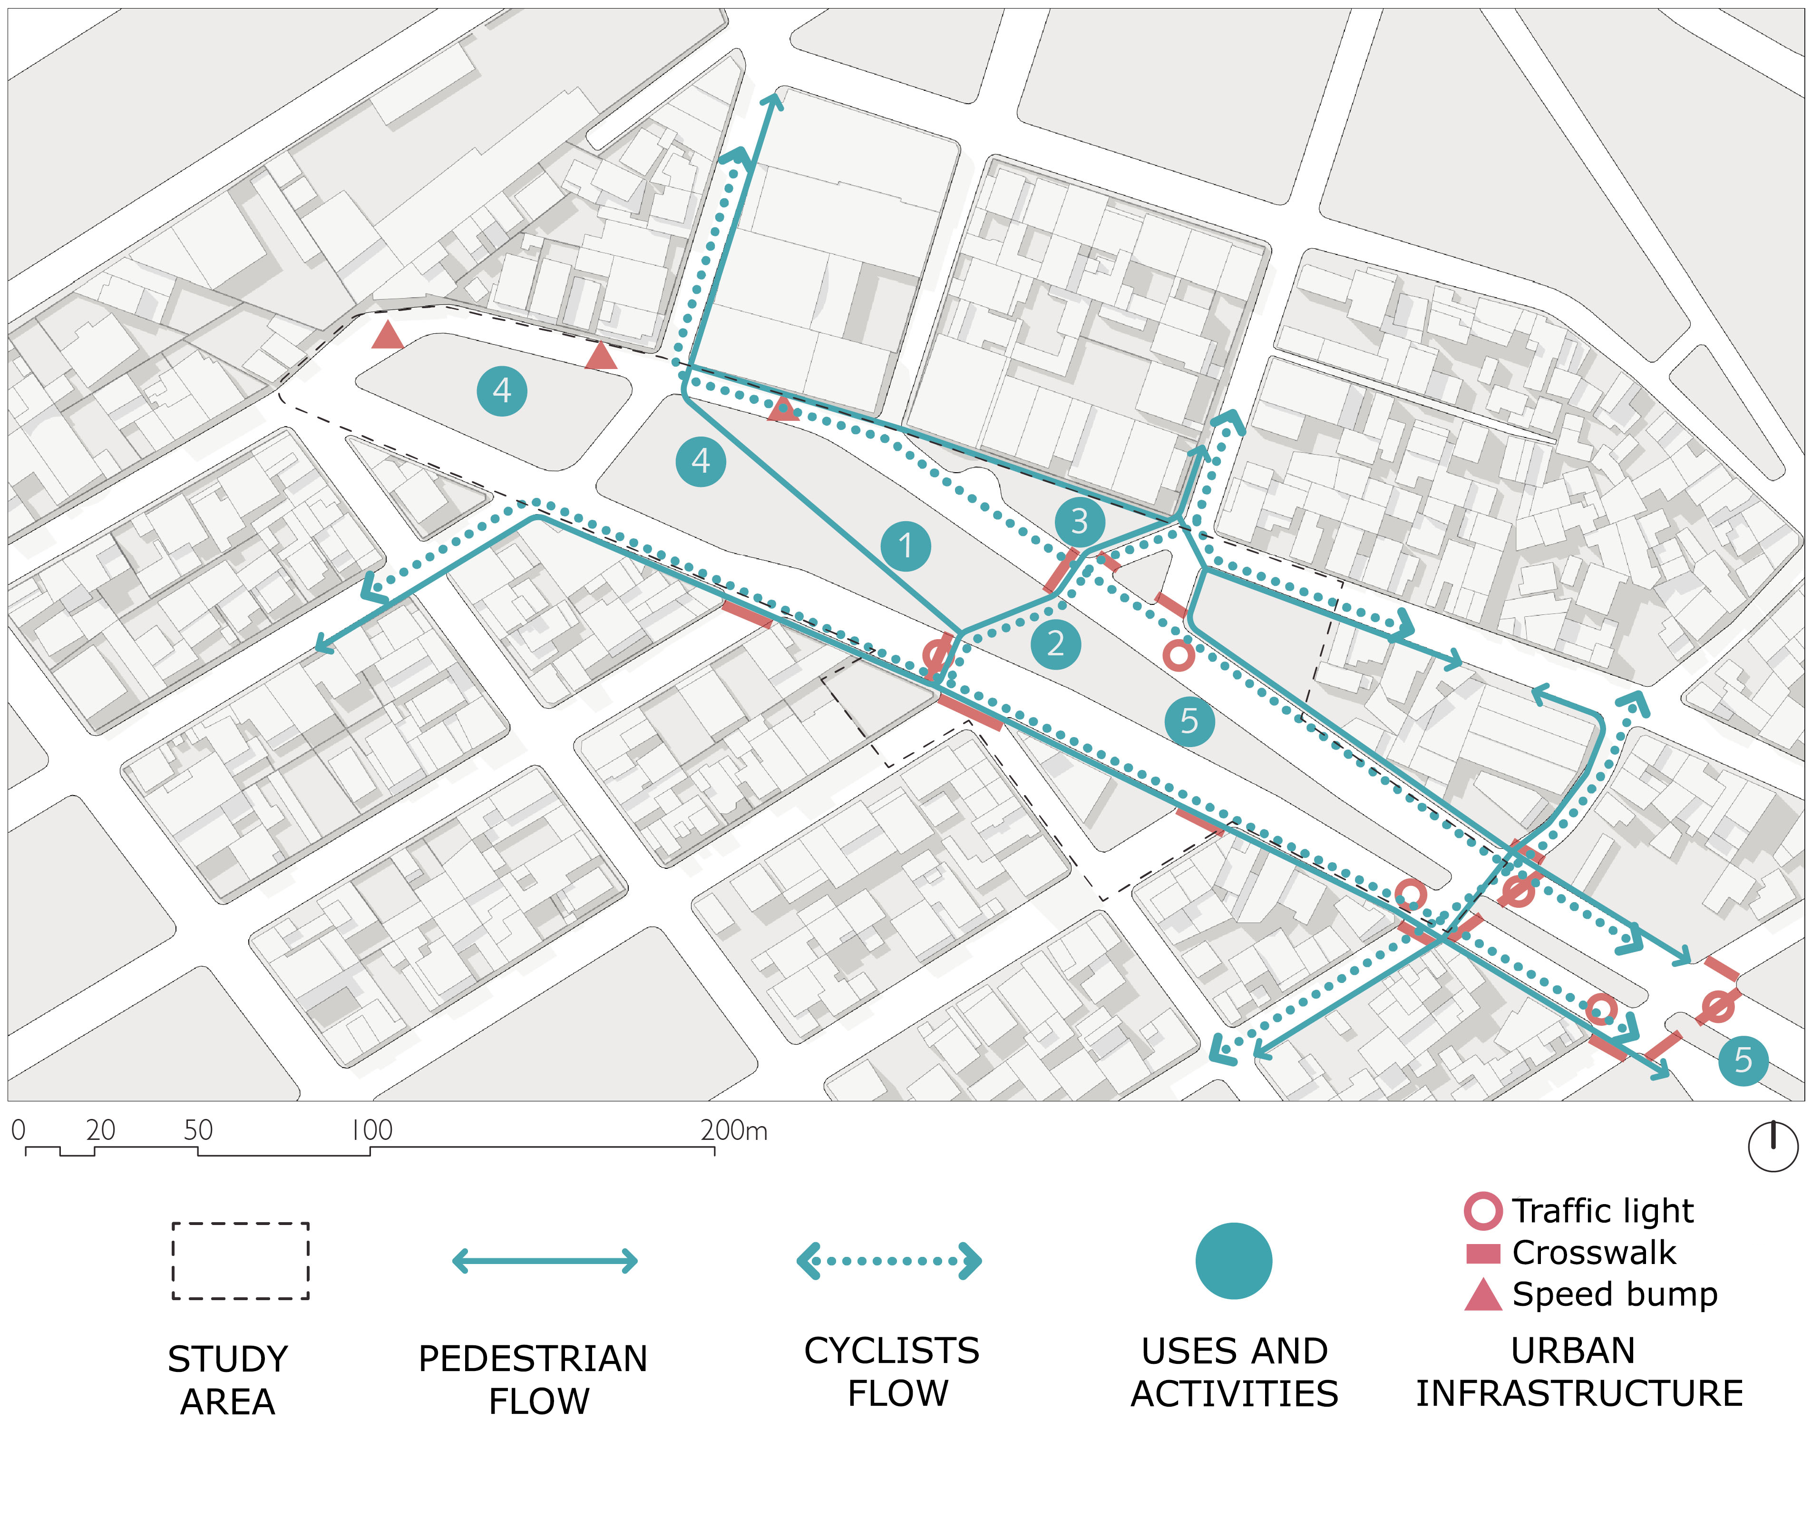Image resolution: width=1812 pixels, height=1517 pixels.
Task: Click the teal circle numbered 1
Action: click(905, 546)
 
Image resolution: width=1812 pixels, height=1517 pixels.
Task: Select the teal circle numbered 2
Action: click(1055, 644)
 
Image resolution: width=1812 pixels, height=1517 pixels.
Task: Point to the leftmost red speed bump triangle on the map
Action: click(388, 335)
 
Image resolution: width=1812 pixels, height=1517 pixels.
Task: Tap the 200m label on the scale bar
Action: click(733, 1130)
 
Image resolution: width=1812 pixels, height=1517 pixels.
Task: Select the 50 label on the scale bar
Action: click(198, 1130)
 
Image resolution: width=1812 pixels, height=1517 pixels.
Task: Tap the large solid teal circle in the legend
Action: click(1233, 1261)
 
